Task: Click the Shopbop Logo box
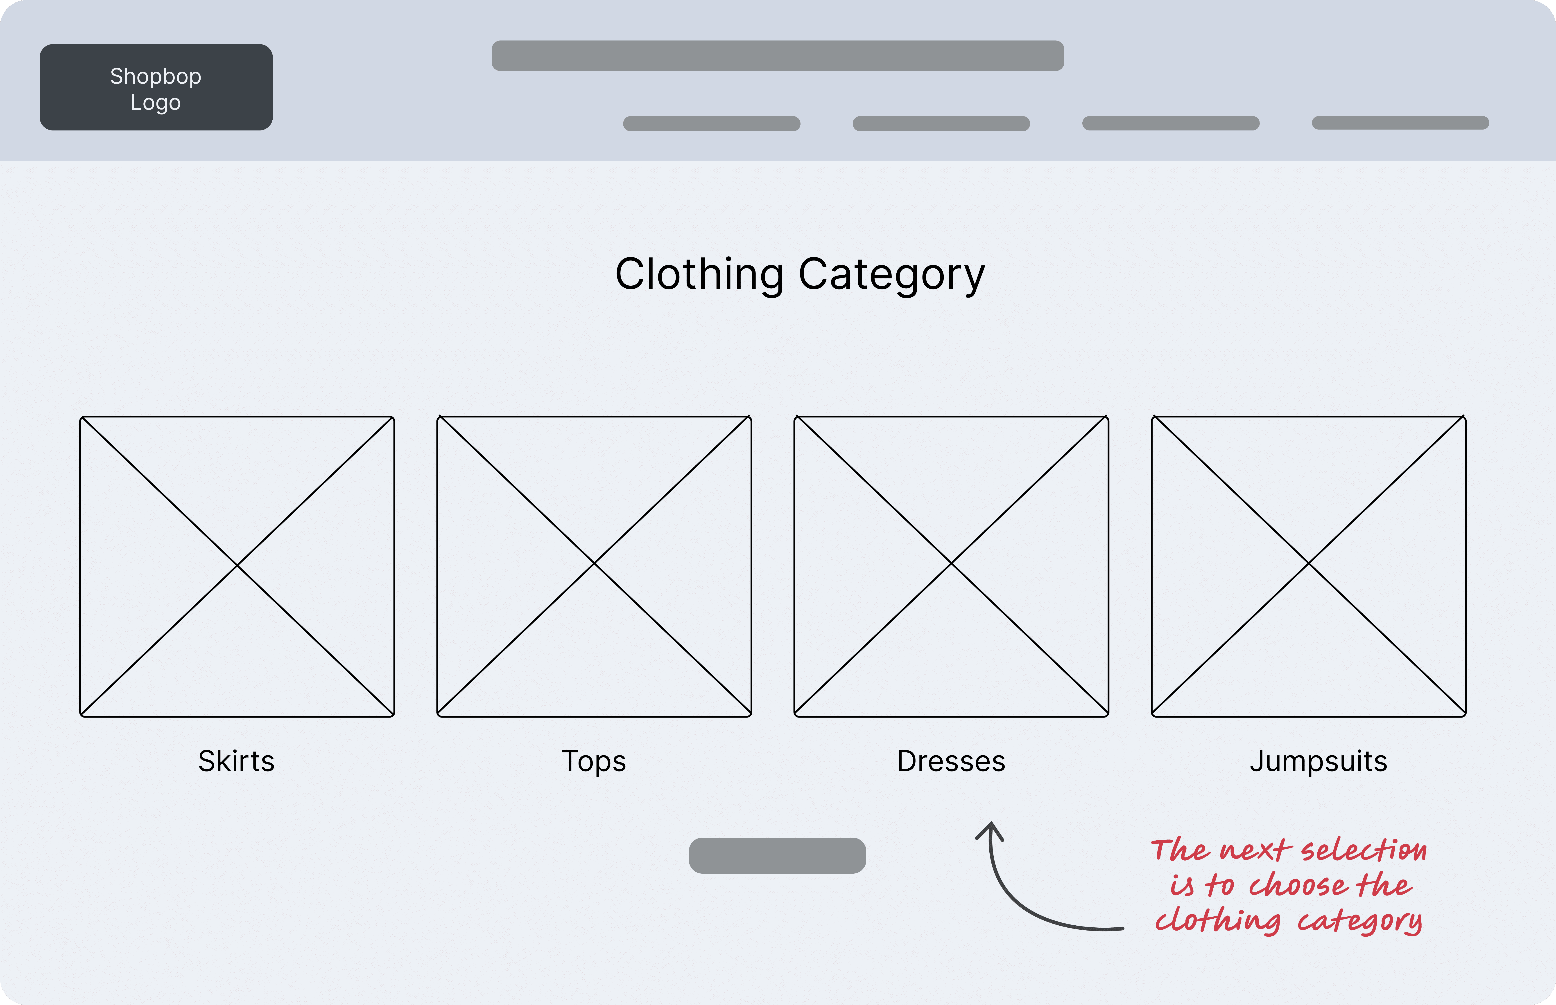(156, 87)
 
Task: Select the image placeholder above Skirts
(237, 566)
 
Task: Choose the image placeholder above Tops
(594, 566)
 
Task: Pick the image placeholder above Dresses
(951, 566)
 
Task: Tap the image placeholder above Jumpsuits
(1309, 566)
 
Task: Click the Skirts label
(236, 761)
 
